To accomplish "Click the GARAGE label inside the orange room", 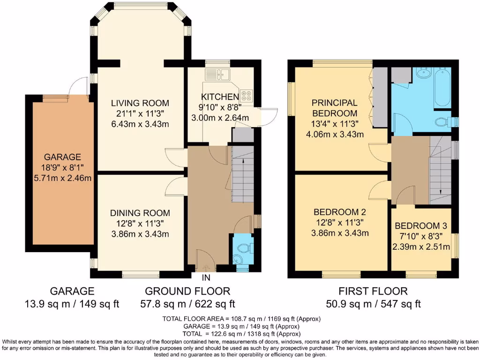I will (62, 157).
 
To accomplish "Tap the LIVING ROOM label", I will (140, 103).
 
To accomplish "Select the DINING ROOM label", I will (140, 213).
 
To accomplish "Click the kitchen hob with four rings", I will (247, 96).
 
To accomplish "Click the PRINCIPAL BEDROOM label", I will (335, 108).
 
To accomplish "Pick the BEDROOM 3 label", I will (421, 225).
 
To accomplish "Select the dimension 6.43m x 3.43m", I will (140, 124).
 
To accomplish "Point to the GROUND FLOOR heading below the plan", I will (187, 291).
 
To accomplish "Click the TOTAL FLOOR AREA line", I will (241, 319).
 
